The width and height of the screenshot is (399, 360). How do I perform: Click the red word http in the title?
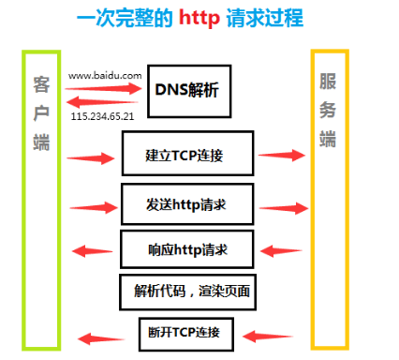(208, 19)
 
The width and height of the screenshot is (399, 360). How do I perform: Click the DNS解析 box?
(188, 89)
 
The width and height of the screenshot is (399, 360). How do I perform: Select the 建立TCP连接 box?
(187, 153)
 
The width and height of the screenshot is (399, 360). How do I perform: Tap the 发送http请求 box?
(187, 203)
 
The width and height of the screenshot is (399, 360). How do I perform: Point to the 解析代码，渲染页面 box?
(188, 292)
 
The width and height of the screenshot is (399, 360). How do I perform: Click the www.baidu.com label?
(104, 72)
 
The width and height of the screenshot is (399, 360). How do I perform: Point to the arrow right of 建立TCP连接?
(283, 155)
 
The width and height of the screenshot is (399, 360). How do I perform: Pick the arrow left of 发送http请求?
(95, 205)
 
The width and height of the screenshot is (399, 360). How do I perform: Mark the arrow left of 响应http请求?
(95, 250)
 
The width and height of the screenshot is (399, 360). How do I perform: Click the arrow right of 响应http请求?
(282, 250)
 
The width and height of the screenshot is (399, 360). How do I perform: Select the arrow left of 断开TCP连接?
(97, 337)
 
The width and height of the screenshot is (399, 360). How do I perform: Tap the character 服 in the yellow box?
(329, 82)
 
